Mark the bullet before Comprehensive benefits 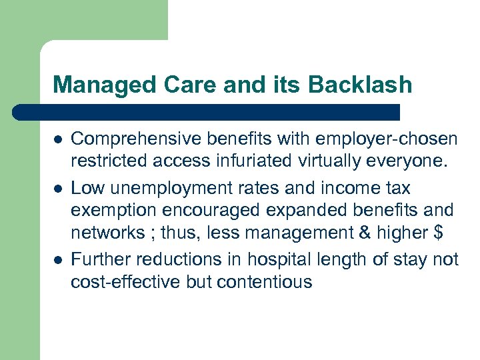coord(57,139)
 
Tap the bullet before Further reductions coord(57,259)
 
